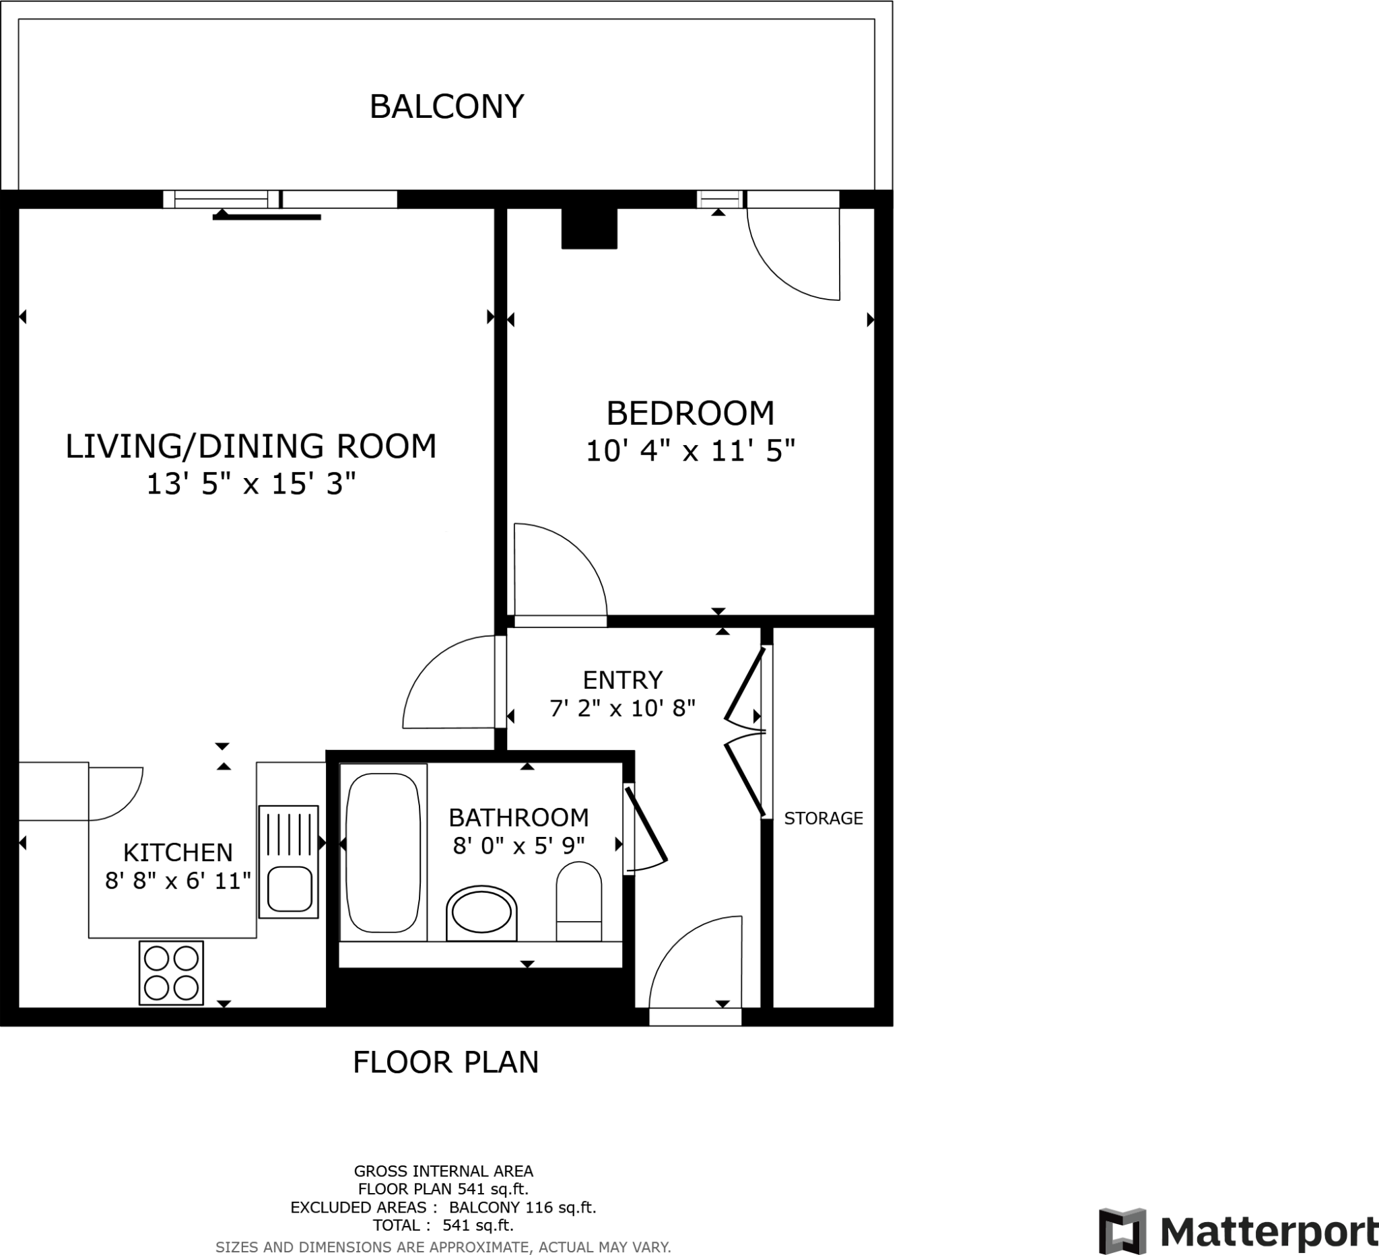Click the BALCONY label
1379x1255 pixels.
coord(446,106)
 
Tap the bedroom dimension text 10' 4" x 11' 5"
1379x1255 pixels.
coord(691,451)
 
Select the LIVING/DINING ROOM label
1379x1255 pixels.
coord(251,446)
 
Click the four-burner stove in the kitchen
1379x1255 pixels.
coord(171,972)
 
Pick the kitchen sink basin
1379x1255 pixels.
coord(290,889)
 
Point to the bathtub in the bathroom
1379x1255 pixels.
coord(383,852)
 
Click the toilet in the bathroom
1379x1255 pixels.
coord(578,902)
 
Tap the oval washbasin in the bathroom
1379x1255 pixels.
coord(481,912)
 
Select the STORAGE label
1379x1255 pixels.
coord(823,819)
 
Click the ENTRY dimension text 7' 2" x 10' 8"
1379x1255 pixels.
coord(622,708)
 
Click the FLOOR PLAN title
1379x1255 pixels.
coord(446,1063)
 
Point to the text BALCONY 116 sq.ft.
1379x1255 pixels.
coord(523,1208)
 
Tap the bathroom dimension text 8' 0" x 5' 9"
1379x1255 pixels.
coord(518,847)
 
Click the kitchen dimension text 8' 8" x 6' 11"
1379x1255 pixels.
coord(178,881)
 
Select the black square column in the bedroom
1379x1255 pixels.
coord(589,228)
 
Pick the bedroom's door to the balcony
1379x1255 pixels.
coord(793,253)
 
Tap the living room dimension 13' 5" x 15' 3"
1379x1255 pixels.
coord(251,484)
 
